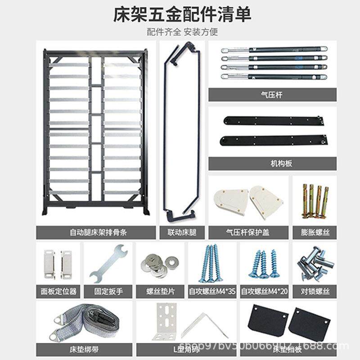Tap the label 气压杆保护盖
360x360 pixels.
point(250,232)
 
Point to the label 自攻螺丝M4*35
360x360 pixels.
point(212,291)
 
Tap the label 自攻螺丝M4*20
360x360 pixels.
point(265,291)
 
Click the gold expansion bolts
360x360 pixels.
point(315,200)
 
